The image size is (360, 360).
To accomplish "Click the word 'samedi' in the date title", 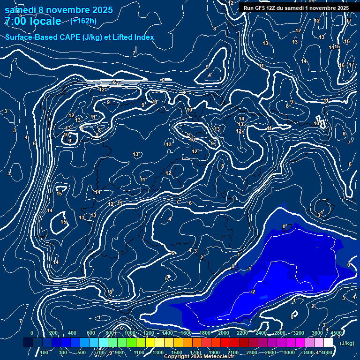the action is (x=20, y=9).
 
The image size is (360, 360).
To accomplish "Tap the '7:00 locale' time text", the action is (x=32, y=21).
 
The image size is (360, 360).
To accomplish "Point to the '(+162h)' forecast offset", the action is (x=83, y=21).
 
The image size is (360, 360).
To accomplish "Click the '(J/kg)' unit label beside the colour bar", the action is (x=346, y=344).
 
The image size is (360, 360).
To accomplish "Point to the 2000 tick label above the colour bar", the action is (x=224, y=333).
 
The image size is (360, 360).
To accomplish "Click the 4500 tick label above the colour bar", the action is (x=336, y=333).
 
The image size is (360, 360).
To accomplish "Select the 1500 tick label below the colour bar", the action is (x=177, y=352).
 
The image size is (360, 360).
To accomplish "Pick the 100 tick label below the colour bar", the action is (x=45, y=352).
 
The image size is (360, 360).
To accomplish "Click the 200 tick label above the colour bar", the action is (x=53, y=333).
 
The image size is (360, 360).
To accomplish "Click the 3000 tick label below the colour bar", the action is (x=289, y=352).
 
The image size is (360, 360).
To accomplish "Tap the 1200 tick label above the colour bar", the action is (x=149, y=333).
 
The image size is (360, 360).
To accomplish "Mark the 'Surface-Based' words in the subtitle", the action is (x=30, y=37).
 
